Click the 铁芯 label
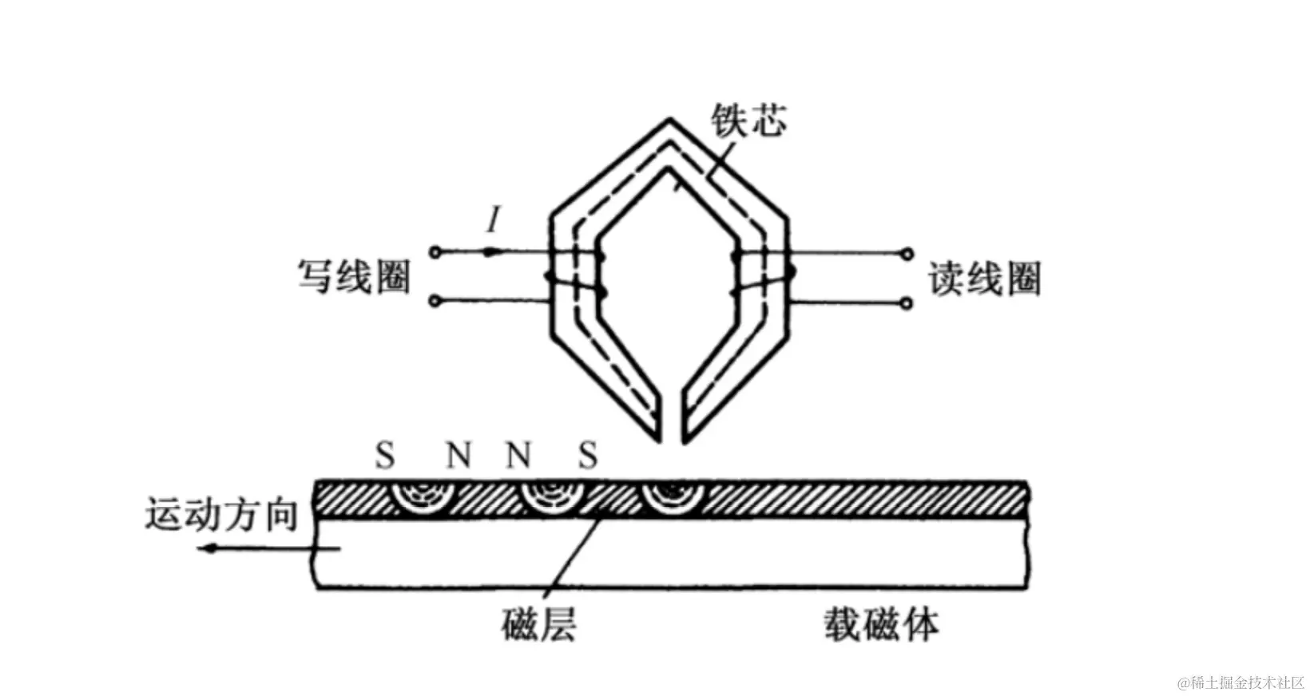748,121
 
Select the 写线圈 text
354,277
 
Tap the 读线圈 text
984,279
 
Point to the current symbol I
494,219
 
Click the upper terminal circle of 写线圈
435,252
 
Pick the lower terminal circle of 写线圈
435,301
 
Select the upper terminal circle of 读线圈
907,254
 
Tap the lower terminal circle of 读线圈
907,303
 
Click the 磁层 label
538,624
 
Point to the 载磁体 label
881,624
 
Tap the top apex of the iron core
669,122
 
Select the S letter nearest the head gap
588,456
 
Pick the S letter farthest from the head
385,456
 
